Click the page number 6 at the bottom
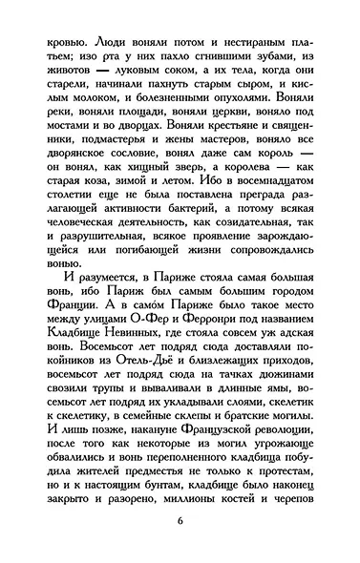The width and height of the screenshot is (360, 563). click(x=180, y=520)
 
